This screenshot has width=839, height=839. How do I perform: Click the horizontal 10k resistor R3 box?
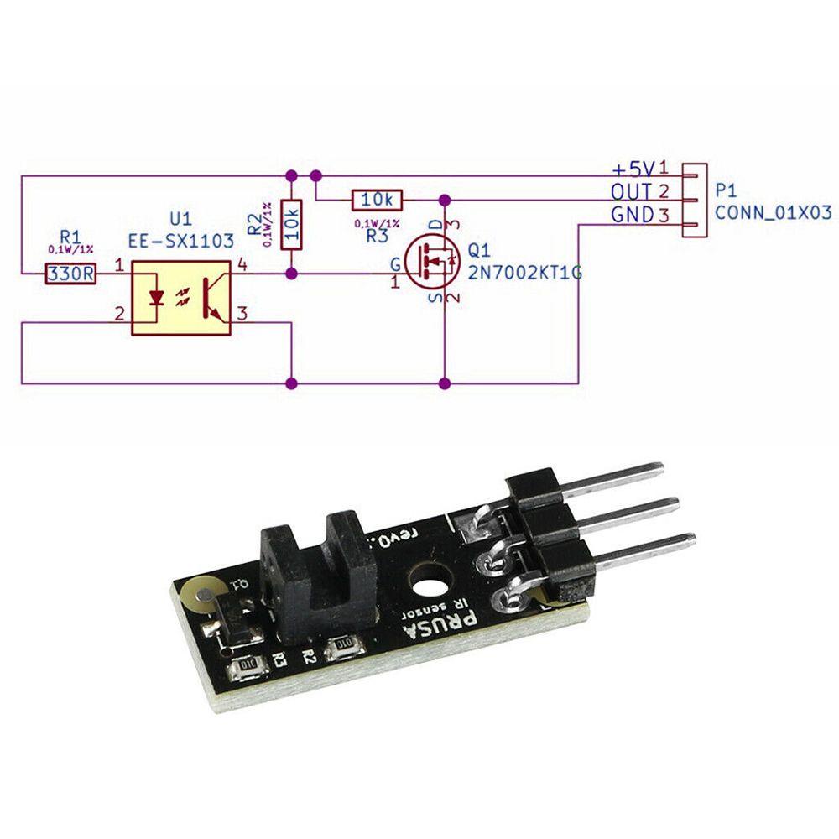[378, 200]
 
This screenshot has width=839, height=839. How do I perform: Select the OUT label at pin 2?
[631, 192]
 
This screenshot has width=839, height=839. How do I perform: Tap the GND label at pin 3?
[632, 216]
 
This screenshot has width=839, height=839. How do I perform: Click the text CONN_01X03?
[772, 213]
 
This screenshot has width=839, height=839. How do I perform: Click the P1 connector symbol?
[693, 200]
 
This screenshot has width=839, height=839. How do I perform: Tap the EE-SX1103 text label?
[180, 241]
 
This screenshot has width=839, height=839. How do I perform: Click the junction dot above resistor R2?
[291, 176]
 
